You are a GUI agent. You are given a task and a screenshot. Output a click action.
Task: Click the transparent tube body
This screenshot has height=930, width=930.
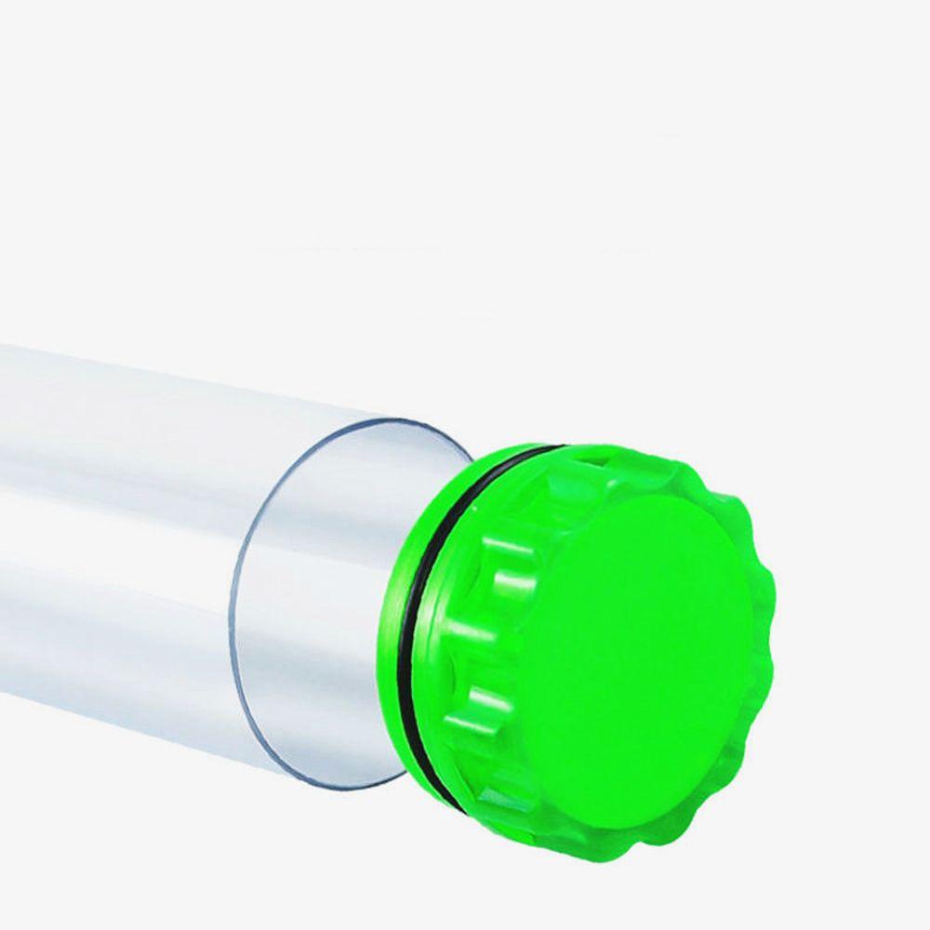tap(139, 521)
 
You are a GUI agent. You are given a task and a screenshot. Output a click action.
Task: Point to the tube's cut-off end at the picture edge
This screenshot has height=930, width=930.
tap(4, 521)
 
